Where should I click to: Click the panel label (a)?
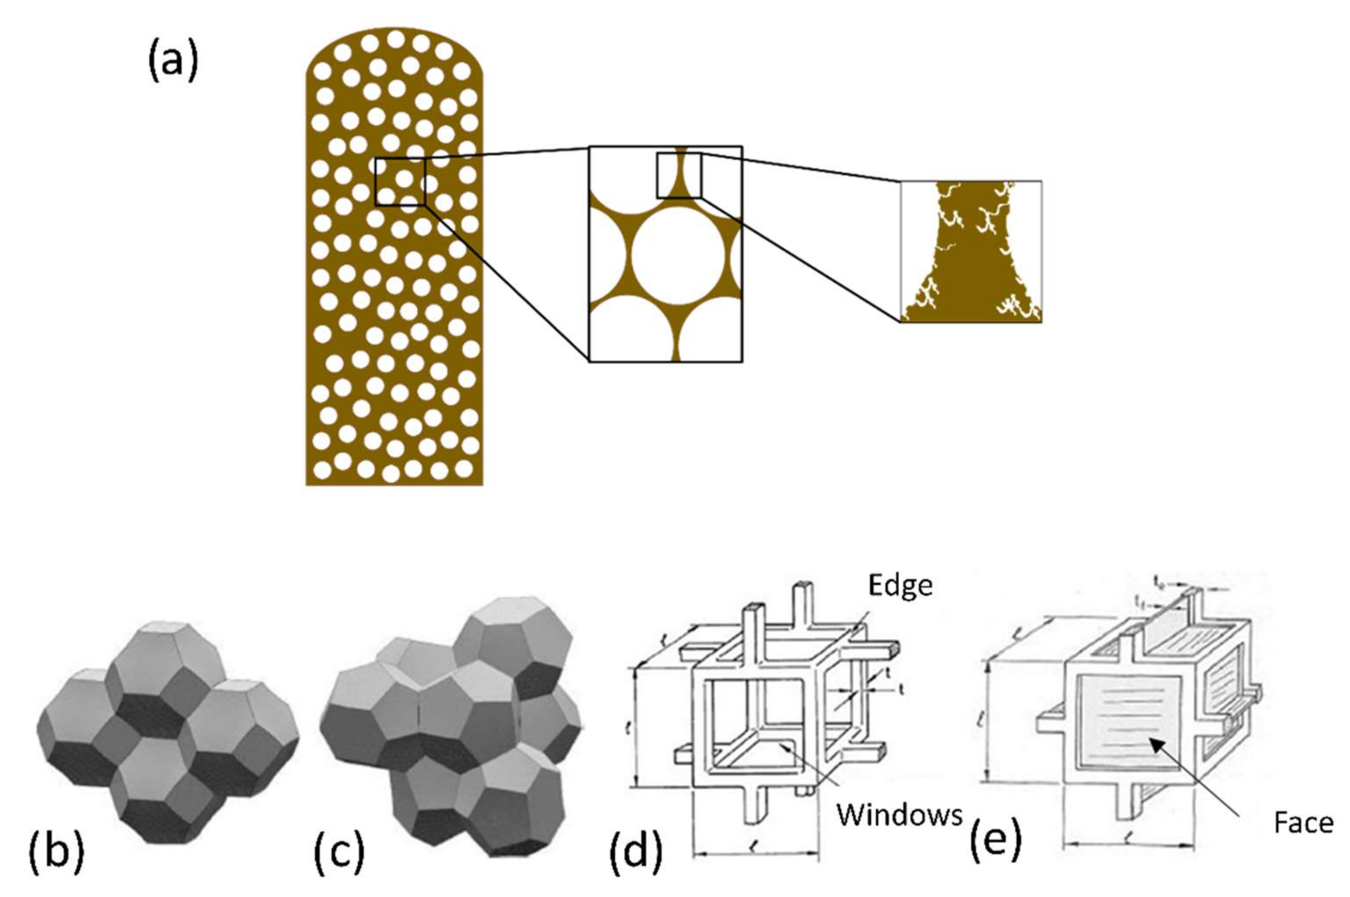pyautogui.click(x=173, y=61)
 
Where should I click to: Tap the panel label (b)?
pyautogui.click(x=56, y=852)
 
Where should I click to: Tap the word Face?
pyautogui.click(x=1304, y=823)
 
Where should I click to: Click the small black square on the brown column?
pyautogui.click(x=400, y=182)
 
